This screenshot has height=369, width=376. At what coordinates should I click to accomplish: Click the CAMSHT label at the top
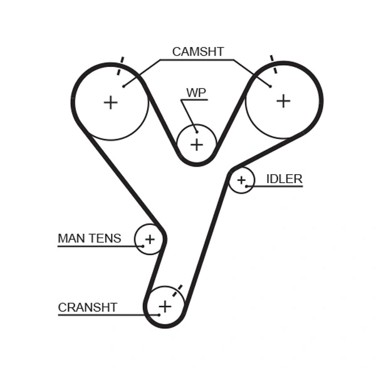(197, 52)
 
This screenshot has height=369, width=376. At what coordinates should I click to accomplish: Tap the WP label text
(196, 93)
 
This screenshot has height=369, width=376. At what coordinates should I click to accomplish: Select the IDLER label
(284, 179)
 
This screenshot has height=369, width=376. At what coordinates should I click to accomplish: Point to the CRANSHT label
(88, 307)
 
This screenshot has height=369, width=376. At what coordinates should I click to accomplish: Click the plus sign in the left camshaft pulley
(110, 102)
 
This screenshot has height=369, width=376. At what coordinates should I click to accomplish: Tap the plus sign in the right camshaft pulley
(283, 100)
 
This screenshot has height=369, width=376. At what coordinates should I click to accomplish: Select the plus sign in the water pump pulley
(197, 145)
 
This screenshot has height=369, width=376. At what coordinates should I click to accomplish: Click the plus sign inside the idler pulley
(241, 180)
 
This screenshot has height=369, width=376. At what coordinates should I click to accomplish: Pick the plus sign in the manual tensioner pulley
(149, 239)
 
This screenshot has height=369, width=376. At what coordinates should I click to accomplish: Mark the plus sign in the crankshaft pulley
(165, 306)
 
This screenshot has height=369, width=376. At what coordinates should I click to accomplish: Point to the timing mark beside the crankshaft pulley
(179, 289)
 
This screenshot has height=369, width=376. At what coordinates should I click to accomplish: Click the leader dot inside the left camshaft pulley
(123, 86)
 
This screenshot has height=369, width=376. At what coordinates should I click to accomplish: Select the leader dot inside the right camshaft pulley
(271, 86)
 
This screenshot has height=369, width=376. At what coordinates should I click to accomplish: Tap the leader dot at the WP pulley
(196, 131)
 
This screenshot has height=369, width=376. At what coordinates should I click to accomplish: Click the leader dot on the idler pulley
(247, 186)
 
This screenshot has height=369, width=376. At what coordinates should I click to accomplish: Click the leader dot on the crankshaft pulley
(159, 314)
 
